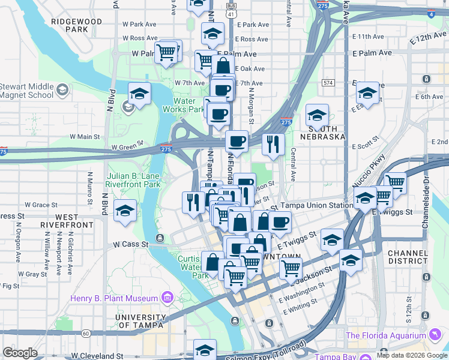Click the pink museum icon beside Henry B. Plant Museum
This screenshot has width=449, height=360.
166,298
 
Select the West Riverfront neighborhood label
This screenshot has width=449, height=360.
66,221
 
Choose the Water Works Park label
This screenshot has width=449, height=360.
188,106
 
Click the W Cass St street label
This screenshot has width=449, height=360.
130,245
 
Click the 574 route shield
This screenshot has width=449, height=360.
328,82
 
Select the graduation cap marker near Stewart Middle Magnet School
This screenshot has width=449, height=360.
139,94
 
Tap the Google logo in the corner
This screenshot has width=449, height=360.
20,353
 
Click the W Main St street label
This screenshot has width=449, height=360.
85,137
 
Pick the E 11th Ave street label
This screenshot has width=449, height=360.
372,37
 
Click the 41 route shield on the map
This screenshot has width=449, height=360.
232,12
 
